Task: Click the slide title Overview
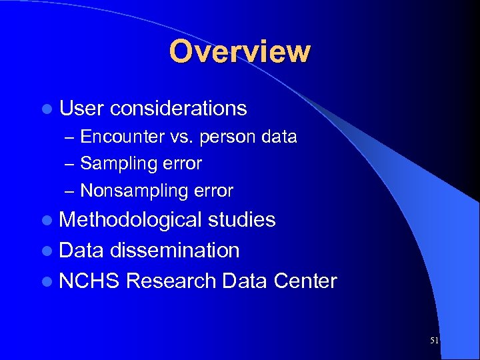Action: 239,51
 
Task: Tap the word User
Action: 81,108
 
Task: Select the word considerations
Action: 179,108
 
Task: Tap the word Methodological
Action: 130,220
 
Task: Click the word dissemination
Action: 174,251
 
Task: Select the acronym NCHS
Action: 89,281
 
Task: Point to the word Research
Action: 171,281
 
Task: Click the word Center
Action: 305,281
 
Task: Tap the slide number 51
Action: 435,340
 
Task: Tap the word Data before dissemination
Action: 81,251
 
